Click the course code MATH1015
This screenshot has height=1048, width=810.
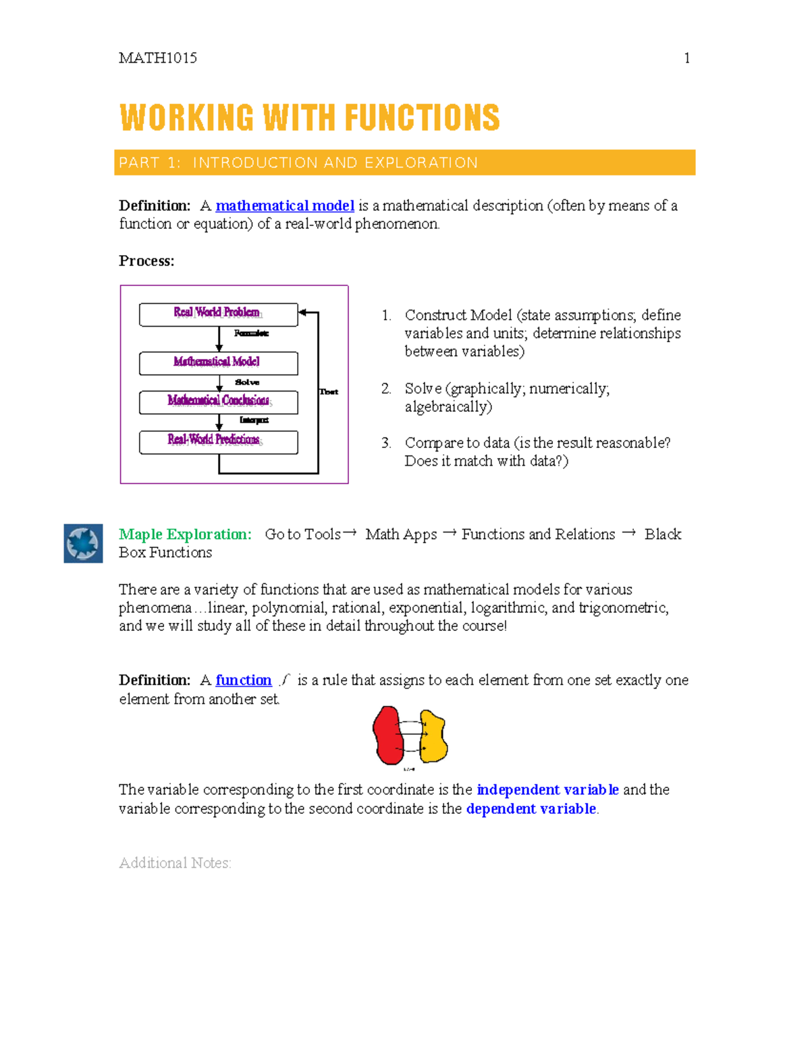click(x=158, y=58)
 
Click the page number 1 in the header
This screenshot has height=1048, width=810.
click(x=686, y=58)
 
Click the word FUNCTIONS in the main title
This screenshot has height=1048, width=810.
click(x=422, y=118)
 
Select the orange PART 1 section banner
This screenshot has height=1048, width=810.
click(x=404, y=163)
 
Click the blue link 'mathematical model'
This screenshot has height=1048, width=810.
click(x=285, y=206)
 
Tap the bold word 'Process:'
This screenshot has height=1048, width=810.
click(x=146, y=261)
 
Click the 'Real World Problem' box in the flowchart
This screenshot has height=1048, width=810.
click(x=218, y=314)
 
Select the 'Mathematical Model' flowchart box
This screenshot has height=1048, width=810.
click(x=218, y=363)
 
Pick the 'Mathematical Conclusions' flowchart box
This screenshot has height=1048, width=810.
click(x=218, y=402)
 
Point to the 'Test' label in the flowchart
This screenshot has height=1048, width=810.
click(x=329, y=391)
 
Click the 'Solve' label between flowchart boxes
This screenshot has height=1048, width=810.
click(x=247, y=382)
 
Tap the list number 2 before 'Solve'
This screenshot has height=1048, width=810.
click(x=385, y=389)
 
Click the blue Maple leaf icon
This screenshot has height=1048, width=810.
click(x=83, y=543)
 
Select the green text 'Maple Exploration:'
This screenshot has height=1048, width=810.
click(x=185, y=534)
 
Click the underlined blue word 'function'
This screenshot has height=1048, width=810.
click(x=243, y=680)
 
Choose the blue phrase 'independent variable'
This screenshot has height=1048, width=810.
click(x=547, y=790)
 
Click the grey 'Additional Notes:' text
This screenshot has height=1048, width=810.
click(x=175, y=863)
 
